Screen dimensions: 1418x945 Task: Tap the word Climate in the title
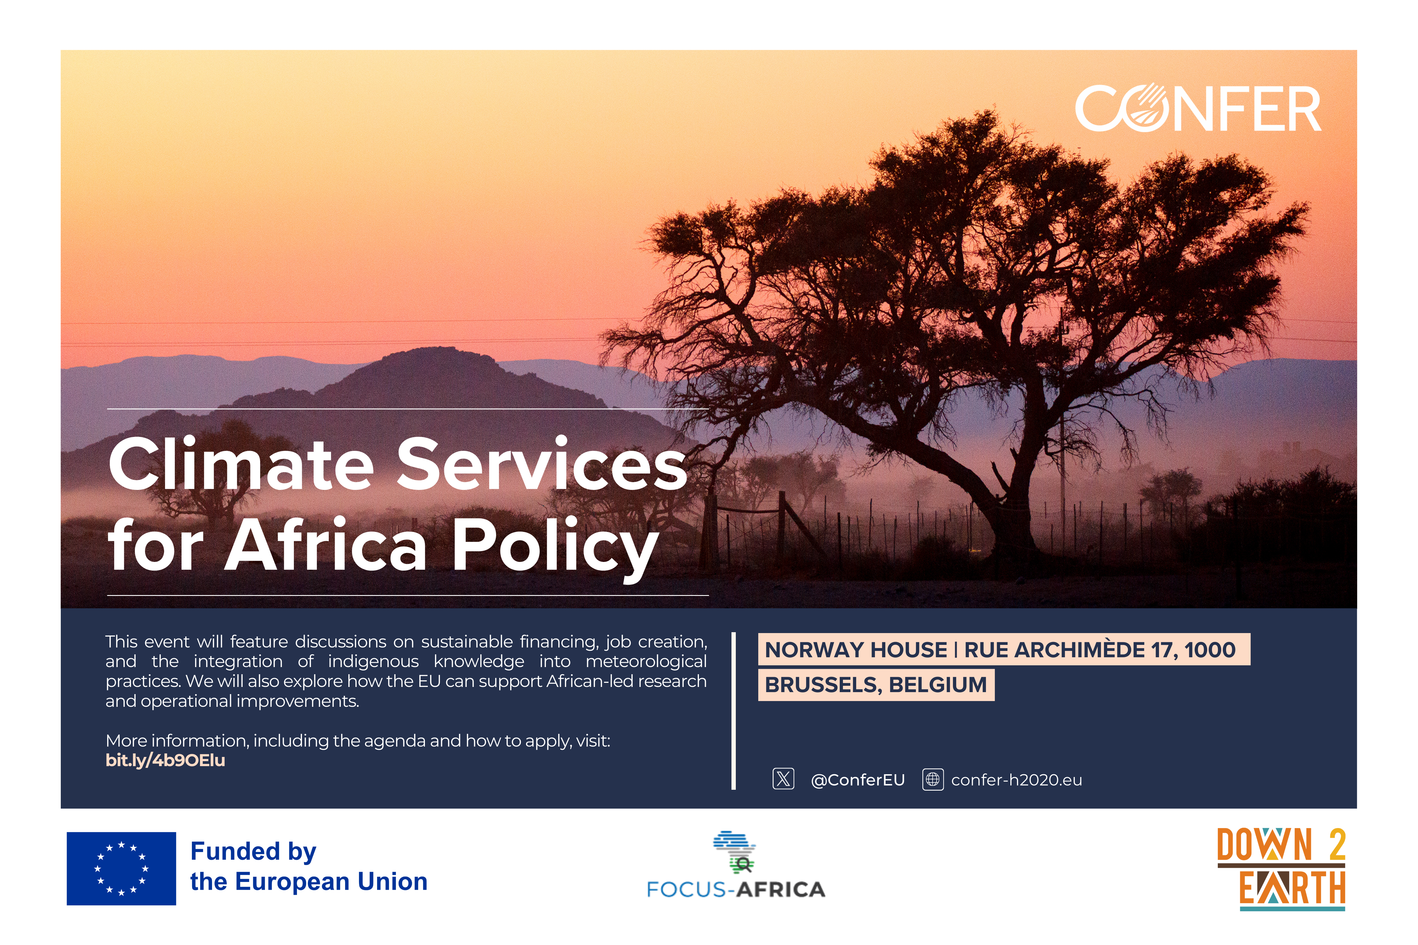[241, 464]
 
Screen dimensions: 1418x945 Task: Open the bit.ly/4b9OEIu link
[165, 761]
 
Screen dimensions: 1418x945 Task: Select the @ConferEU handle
[858, 780]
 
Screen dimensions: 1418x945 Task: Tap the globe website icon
[933, 779]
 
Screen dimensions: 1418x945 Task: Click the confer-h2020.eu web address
[1016, 780]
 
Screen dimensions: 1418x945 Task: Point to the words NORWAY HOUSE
[856, 650]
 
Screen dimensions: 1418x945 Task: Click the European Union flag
[121, 868]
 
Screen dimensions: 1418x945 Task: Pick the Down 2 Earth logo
[1281, 868]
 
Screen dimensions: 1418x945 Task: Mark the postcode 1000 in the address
[1210, 650]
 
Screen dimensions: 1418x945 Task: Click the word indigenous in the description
[373, 661]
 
